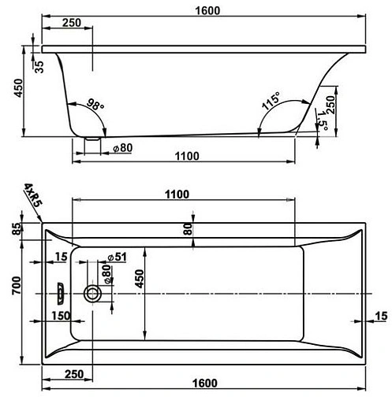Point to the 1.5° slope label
323,122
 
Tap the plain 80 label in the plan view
189,229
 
